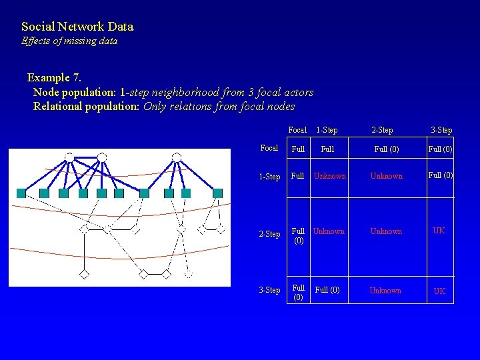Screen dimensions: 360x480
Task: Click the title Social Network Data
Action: pyautogui.click(x=77, y=27)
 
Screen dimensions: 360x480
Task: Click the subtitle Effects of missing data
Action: pyautogui.click(x=69, y=41)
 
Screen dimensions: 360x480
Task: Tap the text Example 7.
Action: pyautogui.click(x=54, y=78)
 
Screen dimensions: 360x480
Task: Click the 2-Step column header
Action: pyautogui.click(x=382, y=130)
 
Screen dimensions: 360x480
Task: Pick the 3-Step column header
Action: pyautogui.click(x=441, y=130)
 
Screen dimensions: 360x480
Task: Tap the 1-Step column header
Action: pyautogui.click(x=327, y=130)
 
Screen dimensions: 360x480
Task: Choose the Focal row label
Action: pyautogui.click(x=269, y=148)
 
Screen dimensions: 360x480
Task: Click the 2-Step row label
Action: pyautogui.click(x=269, y=234)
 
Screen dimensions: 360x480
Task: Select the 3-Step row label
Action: pyautogui.click(x=269, y=290)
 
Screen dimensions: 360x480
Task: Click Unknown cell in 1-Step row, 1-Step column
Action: pyautogui.click(x=330, y=177)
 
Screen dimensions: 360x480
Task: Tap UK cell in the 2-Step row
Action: pyautogui.click(x=439, y=231)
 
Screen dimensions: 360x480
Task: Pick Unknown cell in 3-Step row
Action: pyautogui.click(x=385, y=291)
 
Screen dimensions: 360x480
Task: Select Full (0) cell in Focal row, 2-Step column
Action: pyautogui.click(x=387, y=150)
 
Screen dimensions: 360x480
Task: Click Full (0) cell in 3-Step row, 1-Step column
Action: pyautogui.click(x=327, y=290)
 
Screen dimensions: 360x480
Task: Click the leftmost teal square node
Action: pyautogui.click(x=21, y=193)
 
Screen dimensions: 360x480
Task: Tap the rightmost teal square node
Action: pyautogui.click(x=217, y=193)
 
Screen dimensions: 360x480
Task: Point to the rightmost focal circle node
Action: pyautogui.click(x=177, y=158)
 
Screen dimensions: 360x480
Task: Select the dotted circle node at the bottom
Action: pyautogui.click(x=188, y=274)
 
